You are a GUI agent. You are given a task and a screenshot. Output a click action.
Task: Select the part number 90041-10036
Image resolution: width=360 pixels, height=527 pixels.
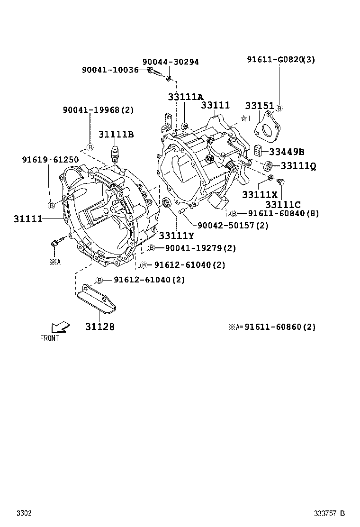coord(110,70)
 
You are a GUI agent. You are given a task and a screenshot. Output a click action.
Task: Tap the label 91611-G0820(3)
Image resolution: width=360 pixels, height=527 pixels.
coord(280,59)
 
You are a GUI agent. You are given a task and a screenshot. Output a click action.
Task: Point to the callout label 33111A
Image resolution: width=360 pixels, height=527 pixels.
coord(185,97)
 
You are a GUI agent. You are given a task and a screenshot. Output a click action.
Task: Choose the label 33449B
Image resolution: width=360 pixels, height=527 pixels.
coord(287,152)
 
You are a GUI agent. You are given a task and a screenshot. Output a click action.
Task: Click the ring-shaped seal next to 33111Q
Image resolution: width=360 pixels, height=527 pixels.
coord(268,166)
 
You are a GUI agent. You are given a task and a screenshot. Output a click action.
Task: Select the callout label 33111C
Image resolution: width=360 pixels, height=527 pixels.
coord(283,204)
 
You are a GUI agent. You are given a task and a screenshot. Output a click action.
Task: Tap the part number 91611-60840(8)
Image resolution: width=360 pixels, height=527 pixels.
coord(282,213)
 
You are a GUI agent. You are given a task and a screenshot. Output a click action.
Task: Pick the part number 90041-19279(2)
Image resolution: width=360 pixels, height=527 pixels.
coord(200,248)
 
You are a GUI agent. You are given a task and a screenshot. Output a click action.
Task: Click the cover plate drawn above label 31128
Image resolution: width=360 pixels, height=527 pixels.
coord(98,298)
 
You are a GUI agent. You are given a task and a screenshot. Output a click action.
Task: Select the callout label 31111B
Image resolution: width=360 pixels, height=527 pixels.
coord(116,135)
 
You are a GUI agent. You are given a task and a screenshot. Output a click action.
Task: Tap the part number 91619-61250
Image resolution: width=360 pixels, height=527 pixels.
coord(50,160)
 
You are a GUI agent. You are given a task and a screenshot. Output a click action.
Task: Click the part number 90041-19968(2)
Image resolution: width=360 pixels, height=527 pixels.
coord(98,110)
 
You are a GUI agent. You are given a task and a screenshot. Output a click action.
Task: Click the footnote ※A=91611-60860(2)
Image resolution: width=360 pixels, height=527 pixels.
coord(272,327)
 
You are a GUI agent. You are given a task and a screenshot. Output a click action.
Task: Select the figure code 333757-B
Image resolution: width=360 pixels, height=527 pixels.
coord(330,514)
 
